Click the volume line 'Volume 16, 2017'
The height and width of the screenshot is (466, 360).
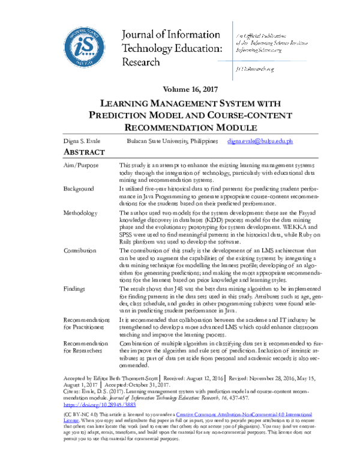coord(180,89)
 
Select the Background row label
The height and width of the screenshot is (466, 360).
coord(79,189)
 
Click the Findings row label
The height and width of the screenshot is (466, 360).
coord(76,289)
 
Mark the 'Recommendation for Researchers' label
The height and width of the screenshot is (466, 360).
coord(85,348)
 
